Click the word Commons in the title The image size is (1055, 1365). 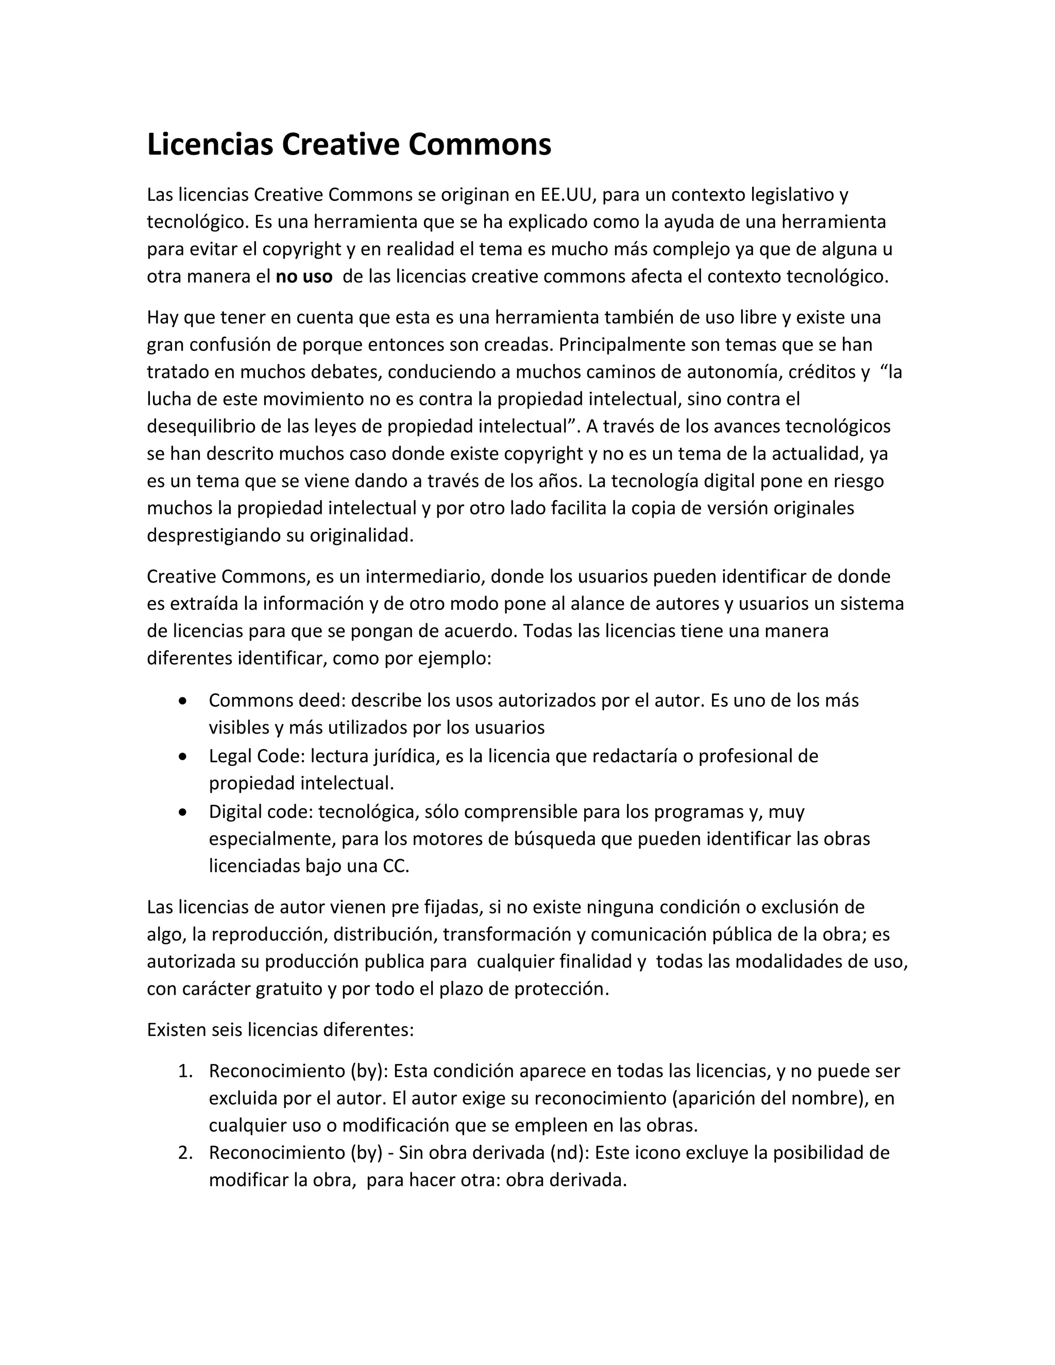click(x=480, y=144)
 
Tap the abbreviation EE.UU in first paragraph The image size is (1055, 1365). click(x=565, y=195)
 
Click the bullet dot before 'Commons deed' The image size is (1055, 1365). click(x=182, y=701)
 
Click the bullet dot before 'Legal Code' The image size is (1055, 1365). click(x=182, y=757)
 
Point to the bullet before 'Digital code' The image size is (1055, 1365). click(x=182, y=812)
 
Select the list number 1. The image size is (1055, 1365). click(x=184, y=1071)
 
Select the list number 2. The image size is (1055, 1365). click(x=184, y=1152)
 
